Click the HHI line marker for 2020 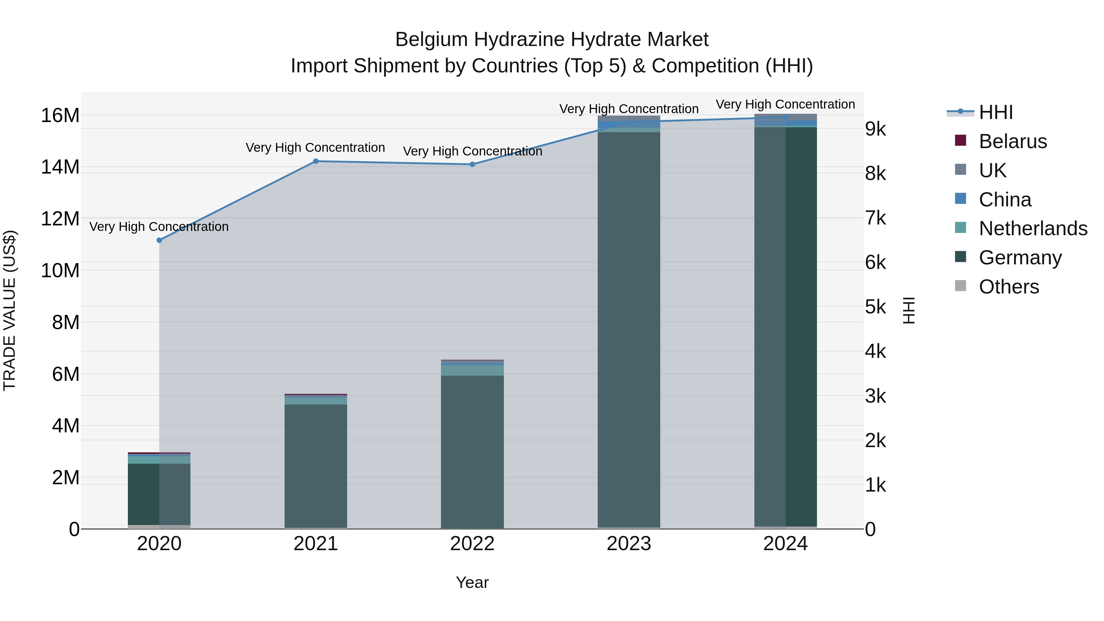point(159,240)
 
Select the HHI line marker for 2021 point(316,161)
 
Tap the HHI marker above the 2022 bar point(472,164)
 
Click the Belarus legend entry point(1013,141)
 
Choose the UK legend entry point(992,171)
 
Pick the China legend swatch point(961,199)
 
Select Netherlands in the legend point(1033,228)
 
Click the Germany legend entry point(1020,258)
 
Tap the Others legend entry point(1008,287)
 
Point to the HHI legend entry point(995,112)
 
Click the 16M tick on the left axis point(60,116)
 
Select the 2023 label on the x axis point(629,544)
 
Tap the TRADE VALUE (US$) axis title point(10,310)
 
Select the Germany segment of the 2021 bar point(316,466)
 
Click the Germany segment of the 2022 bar point(472,452)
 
